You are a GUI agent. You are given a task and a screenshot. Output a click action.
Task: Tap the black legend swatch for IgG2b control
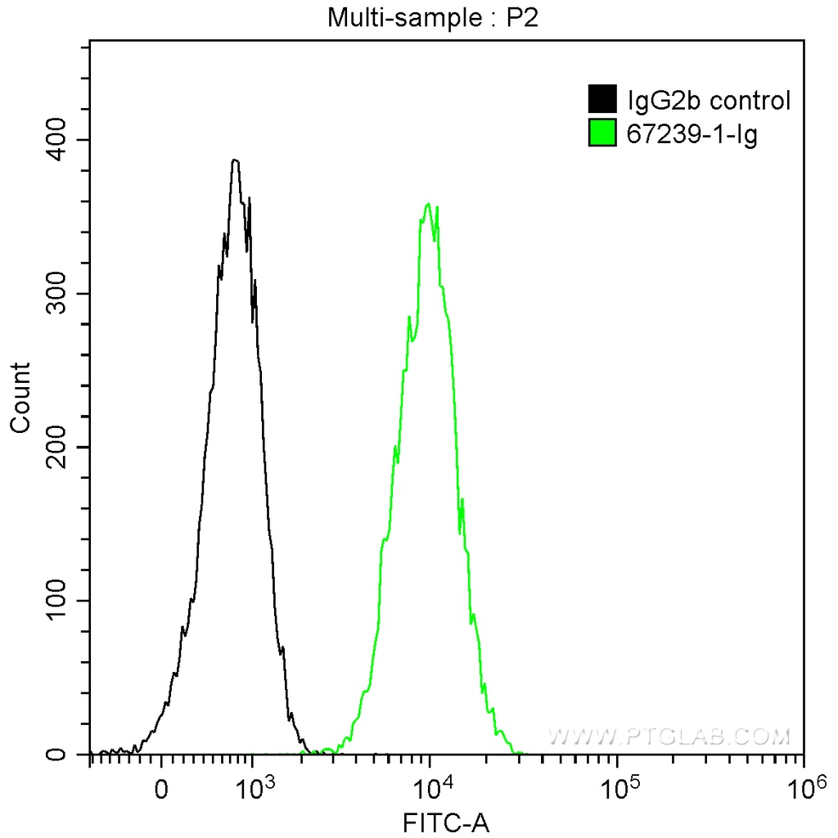coord(602,101)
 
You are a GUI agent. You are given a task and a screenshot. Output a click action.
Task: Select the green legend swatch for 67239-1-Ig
coord(602,133)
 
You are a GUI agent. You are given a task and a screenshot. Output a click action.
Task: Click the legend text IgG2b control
coord(709,101)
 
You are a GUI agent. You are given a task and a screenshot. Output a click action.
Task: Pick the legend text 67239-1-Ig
coord(692,133)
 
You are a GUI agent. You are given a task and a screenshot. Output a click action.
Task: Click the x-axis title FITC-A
coord(446,822)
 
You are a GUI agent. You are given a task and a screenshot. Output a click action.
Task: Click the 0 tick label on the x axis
coord(162,791)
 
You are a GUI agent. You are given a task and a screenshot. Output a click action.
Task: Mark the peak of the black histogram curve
coord(235,160)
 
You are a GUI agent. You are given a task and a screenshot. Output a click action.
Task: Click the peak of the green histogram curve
coord(428,204)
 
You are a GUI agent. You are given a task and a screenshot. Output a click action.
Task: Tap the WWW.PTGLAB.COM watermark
coord(669,737)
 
